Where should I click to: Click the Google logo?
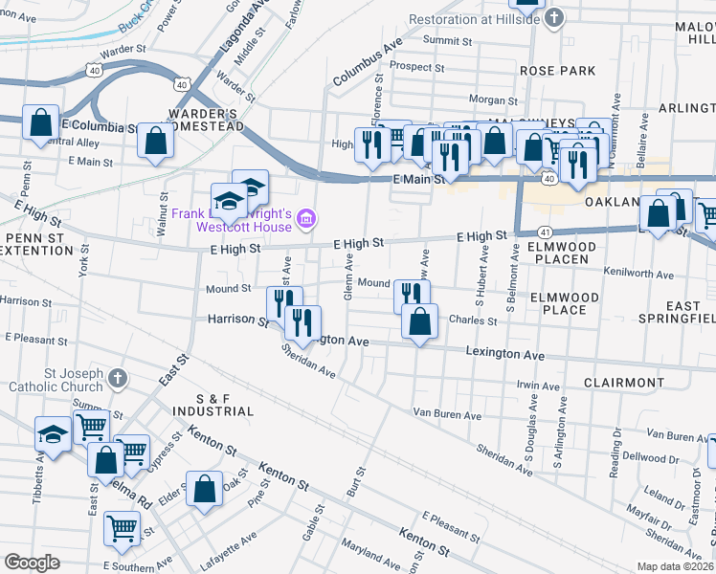point(32,563)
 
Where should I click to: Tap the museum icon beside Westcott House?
point(305,220)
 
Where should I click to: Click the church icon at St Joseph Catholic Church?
point(118,378)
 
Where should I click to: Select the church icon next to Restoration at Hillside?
point(554,18)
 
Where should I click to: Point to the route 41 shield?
point(543,232)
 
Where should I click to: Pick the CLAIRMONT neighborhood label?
point(624,382)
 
